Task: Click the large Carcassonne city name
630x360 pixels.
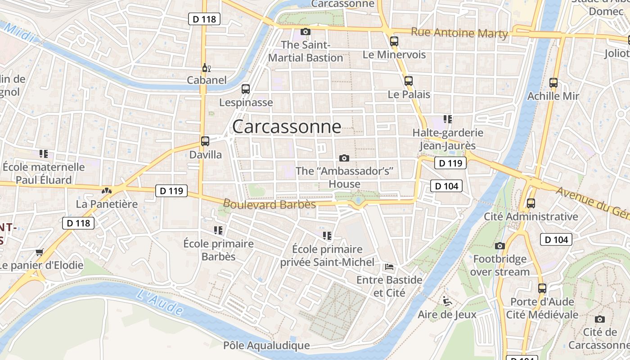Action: point(287,126)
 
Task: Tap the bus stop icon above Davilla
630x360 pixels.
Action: point(205,141)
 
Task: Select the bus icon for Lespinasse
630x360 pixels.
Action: point(246,89)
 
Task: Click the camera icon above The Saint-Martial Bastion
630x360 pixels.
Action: point(306,31)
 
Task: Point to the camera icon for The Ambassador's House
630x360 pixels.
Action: point(344,158)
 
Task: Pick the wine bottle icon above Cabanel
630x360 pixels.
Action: point(207,68)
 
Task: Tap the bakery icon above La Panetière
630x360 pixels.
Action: point(107,191)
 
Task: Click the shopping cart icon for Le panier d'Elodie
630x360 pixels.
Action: point(40,252)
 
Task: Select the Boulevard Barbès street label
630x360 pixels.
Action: point(270,204)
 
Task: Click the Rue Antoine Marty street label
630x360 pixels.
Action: point(459,33)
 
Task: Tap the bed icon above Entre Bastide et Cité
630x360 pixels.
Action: point(389,267)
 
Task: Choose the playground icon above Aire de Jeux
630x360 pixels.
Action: point(447,301)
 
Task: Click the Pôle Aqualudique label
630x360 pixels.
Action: point(266,346)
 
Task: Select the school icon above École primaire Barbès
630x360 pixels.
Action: point(218,230)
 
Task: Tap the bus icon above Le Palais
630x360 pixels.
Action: point(409,81)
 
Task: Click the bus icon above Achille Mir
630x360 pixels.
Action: point(553,83)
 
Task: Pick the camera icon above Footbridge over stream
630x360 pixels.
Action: point(499,246)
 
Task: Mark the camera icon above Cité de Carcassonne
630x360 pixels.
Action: point(599,319)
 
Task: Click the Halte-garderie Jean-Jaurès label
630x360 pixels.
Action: point(448,139)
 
